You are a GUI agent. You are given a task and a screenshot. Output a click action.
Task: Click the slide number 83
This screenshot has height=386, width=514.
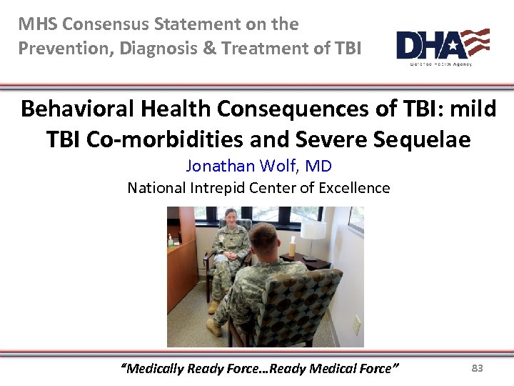478,368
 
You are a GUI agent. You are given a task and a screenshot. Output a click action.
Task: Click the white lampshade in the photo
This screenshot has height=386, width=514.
313,229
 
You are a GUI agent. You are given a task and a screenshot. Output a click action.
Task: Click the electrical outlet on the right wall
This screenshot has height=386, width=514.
355,325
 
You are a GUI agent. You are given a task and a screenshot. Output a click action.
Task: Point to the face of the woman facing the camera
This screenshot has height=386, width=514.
231,217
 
